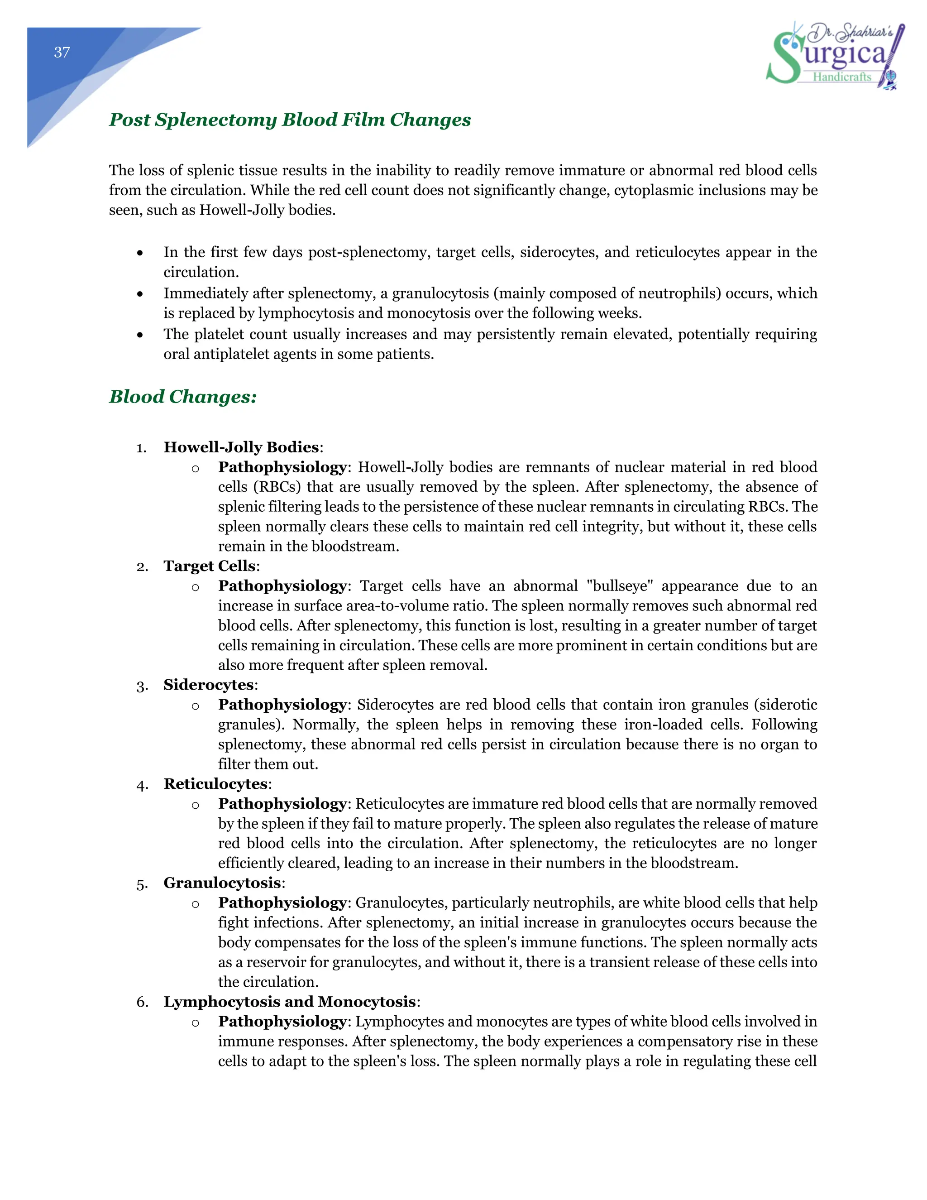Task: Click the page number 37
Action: (x=62, y=52)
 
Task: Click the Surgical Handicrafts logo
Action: (x=835, y=55)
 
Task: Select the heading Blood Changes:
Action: (x=183, y=396)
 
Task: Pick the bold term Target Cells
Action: (x=209, y=566)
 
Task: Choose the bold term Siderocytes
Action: (x=209, y=684)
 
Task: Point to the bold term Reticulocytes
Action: (x=215, y=783)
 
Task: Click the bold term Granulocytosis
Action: (x=222, y=883)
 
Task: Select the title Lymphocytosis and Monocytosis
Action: (x=289, y=1001)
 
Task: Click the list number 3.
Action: (x=142, y=686)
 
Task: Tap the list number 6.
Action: (x=142, y=1002)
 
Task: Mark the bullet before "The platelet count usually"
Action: (x=141, y=335)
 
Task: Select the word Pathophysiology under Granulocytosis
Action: (x=282, y=902)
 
